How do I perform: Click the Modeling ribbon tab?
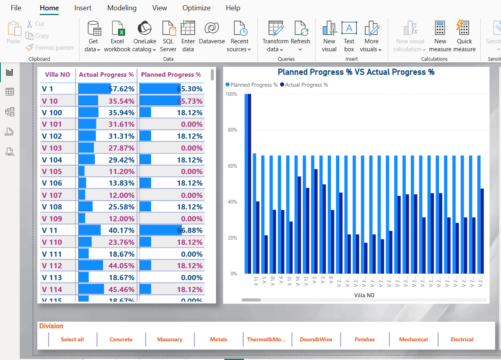click(x=122, y=8)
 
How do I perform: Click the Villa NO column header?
click(x=58, y=75)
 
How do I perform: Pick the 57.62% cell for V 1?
click(x=122, y=89)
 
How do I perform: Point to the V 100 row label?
click(x=52, y=113)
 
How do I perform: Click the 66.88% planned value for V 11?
click(x=190, y=230)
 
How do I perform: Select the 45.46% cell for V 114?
click(x=122, y=289)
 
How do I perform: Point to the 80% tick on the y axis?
click(x=231, y=130)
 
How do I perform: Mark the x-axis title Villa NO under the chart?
click(x=364, y=295)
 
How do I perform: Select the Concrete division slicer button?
click(x=121, y=339)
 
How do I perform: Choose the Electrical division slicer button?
click(x=462, y=339)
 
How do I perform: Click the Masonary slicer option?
click(x=170, y=339)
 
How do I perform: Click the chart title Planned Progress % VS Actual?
click(x=356, y=72)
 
